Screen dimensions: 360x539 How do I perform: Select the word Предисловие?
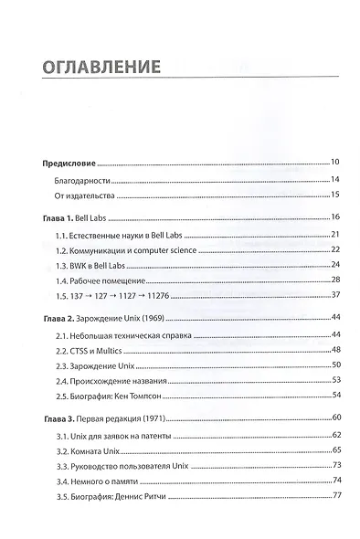pos(69,161)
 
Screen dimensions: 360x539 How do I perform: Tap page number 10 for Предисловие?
pos(334,161)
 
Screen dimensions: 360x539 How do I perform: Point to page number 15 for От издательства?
pos(335,195)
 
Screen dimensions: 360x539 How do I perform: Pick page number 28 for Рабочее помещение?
pos(335,280)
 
